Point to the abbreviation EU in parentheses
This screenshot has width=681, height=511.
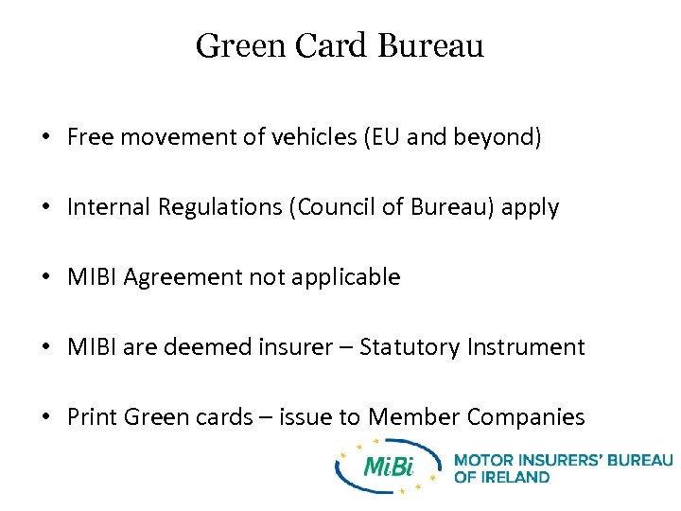coord(386,137)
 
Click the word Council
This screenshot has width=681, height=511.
coord(323,207)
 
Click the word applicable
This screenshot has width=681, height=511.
coord(352,277)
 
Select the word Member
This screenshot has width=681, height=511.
coord(413,417)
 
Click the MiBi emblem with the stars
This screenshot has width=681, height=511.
coord(389,467)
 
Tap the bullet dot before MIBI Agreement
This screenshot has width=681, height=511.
coord(45,278)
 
